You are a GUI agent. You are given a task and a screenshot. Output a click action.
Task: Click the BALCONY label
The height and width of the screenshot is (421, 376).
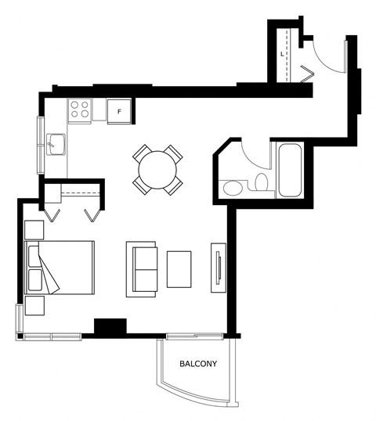pyautogui.click(x=198, y=364)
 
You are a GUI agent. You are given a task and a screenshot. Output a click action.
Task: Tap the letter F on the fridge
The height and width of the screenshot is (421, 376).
pyautogui.click(x=119, y=111)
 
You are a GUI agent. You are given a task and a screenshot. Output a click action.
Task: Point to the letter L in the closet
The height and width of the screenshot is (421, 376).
pyautogui.click(x=282, y=54)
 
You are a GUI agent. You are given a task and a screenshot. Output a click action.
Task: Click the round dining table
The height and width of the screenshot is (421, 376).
pyautogui.click(x=157, y=170)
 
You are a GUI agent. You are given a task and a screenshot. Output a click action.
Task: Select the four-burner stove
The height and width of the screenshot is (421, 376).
pyautogui.click(x=80, y=111)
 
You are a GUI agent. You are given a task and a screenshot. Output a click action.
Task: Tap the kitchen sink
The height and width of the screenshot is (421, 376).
pyautogui.click(x=56, y=145)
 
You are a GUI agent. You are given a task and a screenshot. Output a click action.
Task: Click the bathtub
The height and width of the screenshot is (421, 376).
pyautogui.click(x=290, y=171)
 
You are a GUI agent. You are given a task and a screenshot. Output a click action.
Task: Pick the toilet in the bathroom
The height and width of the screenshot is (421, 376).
pyautogui.click(x=261, y=182)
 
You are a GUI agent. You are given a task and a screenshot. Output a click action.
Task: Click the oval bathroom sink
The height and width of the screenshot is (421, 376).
pyautogui.click(x=233, y=188)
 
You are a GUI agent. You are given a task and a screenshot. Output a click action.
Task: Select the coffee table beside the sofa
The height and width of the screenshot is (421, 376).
pyautogui.click(x=179, y=269)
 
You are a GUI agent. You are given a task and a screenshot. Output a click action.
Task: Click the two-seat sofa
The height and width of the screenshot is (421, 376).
pyautogui.click(x=142, y=269)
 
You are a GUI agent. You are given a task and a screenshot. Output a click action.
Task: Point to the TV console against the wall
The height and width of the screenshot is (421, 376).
pyautogui.click(x=219, y=268)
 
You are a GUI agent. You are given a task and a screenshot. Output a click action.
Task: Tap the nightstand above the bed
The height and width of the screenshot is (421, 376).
pyautogui.click(x=34, y=230)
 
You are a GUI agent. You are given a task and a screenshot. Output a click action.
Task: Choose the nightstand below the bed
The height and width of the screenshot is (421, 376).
pyautogui.click(x=34, y=305)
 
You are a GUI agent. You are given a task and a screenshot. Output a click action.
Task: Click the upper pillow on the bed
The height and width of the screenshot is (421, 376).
pyautogui.click(x=34, y=256)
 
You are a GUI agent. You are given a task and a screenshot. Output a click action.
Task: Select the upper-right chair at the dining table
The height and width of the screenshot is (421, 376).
pyautogui.click(x=174, y=154)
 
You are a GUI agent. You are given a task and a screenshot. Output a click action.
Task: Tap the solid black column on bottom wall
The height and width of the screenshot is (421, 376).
pyautogui.click(x=110, y=327)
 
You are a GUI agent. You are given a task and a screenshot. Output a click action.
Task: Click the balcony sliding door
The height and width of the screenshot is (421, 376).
pyautogui.click(x=194, y=336)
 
